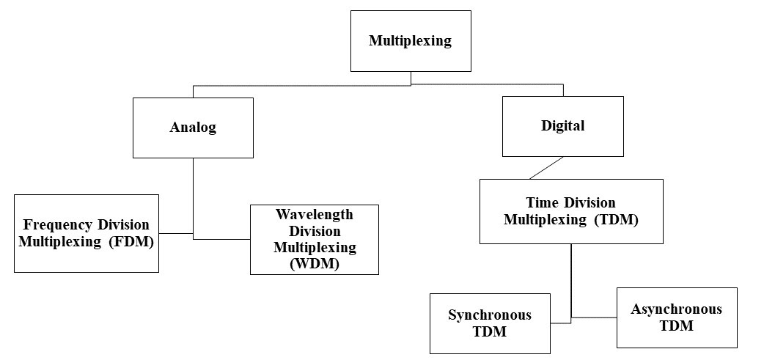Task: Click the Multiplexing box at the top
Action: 410,41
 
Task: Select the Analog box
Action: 193,128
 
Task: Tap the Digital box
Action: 562,126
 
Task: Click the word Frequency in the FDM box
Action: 55,224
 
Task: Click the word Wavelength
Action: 314,215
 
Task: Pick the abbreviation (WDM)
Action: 315,265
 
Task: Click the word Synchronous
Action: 489,315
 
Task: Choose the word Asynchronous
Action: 676,309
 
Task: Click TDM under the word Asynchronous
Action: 676,326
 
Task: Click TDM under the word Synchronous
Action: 489,332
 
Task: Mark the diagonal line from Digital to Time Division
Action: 546,167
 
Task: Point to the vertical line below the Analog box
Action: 193,194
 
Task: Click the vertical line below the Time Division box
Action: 571,279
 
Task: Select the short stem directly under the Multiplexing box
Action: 411,78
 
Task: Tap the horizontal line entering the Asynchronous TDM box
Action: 595,317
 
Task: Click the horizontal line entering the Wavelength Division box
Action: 222,238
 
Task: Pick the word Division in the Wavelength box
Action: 314,231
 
